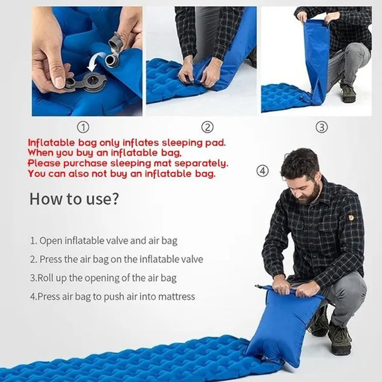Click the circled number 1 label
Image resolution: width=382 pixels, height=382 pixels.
pyautogui.click(x=83, y=127)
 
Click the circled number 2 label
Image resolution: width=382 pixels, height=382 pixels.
pyautogui.click(x=207, y=127)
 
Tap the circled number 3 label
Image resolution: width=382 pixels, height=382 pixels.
pyautogui.click(x=321, y=127)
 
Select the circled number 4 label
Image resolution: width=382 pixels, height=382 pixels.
pyautogui.click(x=263, y=171)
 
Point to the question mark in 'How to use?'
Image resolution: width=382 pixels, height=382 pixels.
pyautogui.click(x=115, y=199)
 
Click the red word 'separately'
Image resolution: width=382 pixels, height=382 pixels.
pyautogui.click(x=201, y=163)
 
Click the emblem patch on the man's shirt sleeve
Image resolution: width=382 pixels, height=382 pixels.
pyautogui.click(x=350, y=217)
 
